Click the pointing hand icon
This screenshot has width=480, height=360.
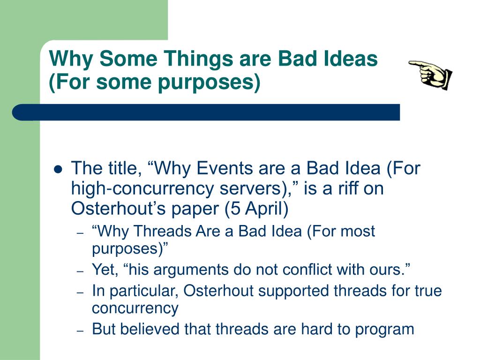(x=431, y=75)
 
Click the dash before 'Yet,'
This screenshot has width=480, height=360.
(x=80, y=271)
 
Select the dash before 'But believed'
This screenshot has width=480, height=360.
(x=80, y=331)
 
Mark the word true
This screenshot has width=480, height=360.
(x=428, y=291)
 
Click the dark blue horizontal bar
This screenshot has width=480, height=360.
(x=206, y=112)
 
